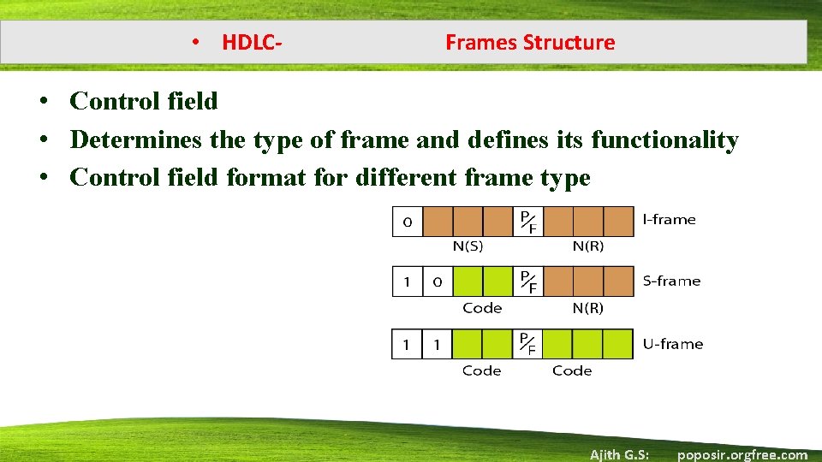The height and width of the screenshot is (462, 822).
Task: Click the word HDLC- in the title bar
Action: (x=253, y=43)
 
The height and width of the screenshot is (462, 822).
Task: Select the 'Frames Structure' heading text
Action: (x=530, y=43)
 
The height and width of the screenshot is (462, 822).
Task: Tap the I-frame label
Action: (x=669, y=219)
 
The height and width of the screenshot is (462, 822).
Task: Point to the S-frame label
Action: (x=671, y=281)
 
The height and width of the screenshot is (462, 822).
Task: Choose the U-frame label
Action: (x=672, y=344)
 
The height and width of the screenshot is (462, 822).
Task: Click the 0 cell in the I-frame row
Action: (x=408, y=222)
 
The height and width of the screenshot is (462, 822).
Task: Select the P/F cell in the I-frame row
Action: (x=528, y=222)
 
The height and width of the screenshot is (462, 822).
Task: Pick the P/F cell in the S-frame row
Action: (x=528, y=281)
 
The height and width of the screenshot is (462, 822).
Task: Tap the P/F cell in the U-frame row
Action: (x=528, y=344)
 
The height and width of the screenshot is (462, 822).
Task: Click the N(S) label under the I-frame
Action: (x=468, y=246)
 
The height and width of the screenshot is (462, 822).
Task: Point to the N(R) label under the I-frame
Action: (x=587, y=246)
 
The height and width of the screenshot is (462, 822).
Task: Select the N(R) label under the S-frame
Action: (x=587, y=308)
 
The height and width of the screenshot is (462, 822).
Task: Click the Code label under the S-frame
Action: (x=482, y=308)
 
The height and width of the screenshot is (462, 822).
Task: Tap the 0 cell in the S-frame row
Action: (x=437, y=281)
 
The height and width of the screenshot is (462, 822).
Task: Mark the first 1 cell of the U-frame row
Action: (x=407, y=344)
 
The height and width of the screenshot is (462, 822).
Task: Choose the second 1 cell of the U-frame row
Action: (x=437, y=344)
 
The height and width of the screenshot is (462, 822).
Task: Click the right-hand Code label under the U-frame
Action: (x=572, y=370)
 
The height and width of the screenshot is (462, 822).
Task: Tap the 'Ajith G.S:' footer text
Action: (x=619, y=454)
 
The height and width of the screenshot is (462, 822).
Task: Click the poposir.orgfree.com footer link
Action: (x=742, y=454)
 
